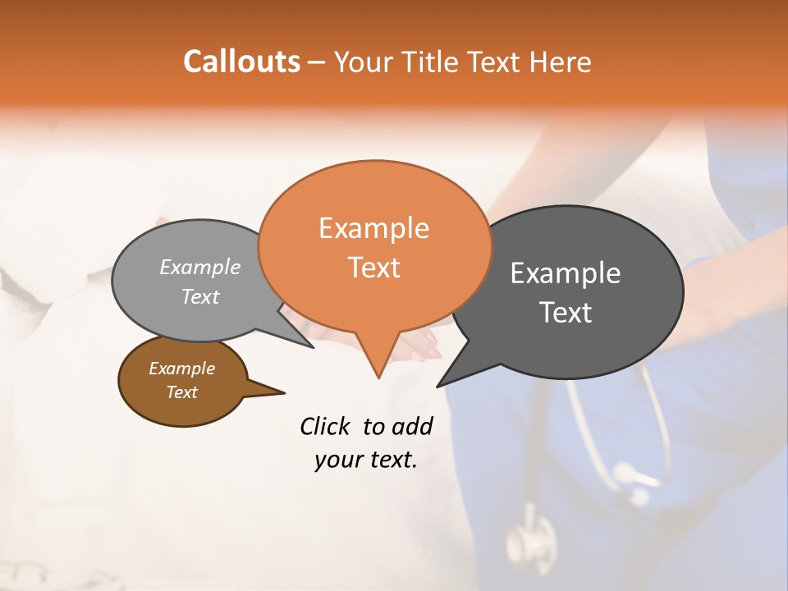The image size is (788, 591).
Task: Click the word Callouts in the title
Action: (241, 62)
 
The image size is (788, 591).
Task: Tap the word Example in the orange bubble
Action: (373, 228)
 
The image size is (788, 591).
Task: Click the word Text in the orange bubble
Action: (373, 268)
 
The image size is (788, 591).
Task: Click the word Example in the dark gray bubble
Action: (565, 273)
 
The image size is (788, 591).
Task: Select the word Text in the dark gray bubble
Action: (565, 313)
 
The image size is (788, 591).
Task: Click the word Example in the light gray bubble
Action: (199, 268)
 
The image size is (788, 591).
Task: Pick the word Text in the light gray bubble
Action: (199, 297)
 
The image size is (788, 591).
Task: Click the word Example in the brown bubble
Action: (181, 369)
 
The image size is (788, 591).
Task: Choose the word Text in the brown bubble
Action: (181, 392)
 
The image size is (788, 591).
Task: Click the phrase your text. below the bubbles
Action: (366, 460)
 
